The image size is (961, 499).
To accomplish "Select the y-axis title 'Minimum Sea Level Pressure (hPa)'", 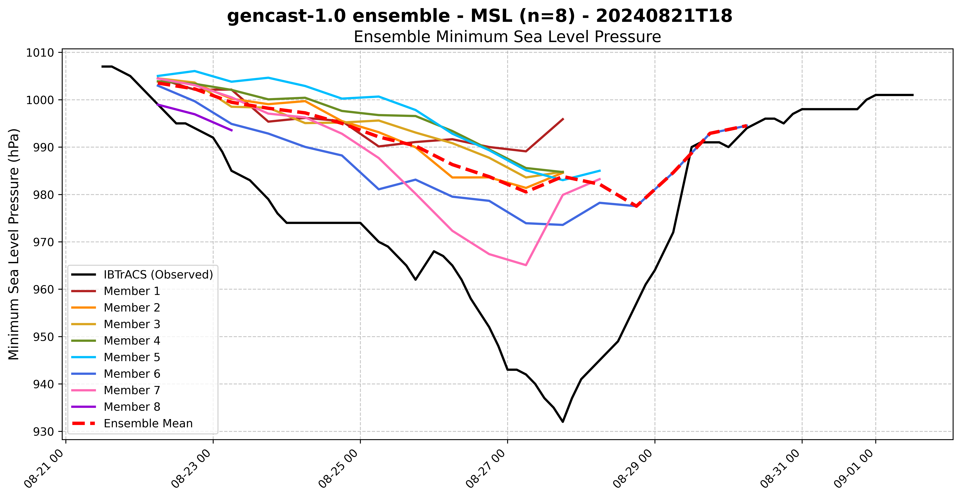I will pos(14,244).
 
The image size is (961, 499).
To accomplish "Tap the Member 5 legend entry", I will pos(132,357).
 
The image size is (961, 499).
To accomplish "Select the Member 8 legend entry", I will pos(132,407).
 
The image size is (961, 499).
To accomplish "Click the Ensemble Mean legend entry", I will pos(148,424).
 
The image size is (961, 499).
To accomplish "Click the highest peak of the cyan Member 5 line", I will pos(194,71).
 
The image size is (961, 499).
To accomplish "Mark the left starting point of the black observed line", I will pos(102,66).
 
